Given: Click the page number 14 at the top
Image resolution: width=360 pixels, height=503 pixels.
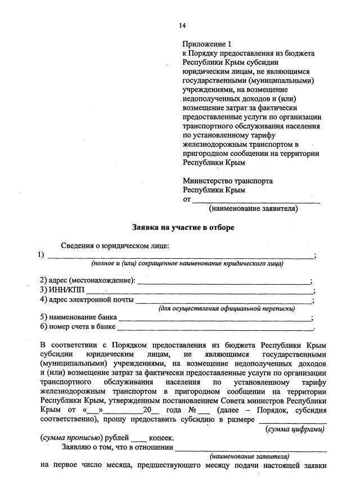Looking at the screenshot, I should click(x=182, y=25).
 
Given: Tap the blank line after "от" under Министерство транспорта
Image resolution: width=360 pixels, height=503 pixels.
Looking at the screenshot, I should click(x=256, y=200).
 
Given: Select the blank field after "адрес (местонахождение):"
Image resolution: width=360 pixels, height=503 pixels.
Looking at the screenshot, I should click(x=223, y=280).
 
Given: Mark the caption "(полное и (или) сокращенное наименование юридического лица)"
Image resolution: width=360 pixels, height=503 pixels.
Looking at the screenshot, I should click(x=188, y=263).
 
